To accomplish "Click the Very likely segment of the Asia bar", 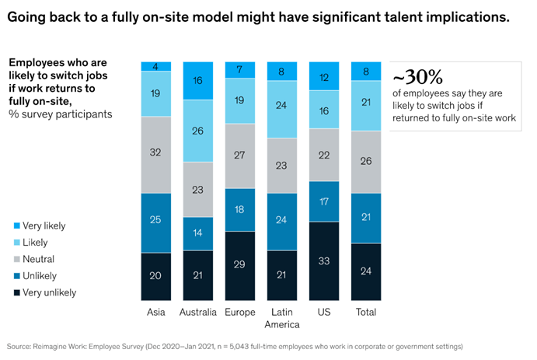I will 155,66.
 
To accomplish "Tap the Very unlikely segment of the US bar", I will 323,260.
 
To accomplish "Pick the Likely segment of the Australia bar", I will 197,129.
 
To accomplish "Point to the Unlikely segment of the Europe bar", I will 239,210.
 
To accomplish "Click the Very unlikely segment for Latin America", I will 281,275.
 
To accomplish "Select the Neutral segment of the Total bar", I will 365,162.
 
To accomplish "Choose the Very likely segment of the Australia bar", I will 197,79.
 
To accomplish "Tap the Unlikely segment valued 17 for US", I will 323,201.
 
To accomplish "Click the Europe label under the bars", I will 239,312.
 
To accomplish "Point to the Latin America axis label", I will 281,318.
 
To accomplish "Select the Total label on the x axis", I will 365,312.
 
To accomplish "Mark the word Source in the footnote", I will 19,345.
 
